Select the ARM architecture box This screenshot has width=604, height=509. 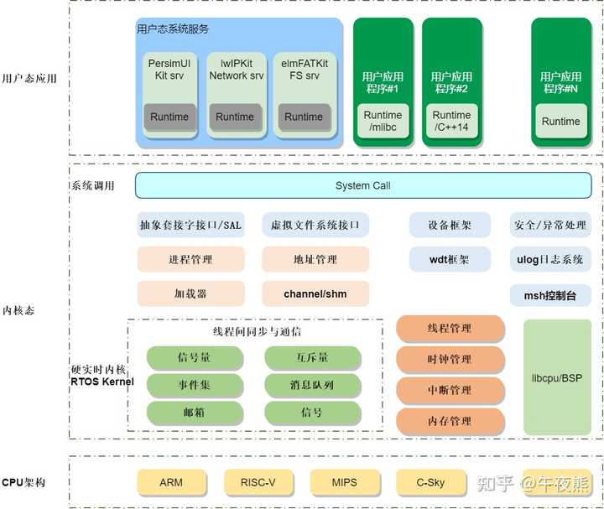[170, 483]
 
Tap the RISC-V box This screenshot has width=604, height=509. [258, 483]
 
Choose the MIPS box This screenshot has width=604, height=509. [344, 483]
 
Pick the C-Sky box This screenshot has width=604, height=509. [431, 483]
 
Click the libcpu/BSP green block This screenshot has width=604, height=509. [557, 378]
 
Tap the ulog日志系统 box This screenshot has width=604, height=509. [549, 259]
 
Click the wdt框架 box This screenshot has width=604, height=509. [450, 259]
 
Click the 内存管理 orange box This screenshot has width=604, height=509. [450, 421]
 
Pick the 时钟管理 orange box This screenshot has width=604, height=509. [450, 360]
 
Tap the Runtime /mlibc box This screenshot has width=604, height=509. [383, 122]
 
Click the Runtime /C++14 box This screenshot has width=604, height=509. [451, 122]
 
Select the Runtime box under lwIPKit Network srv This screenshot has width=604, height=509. [235, 117]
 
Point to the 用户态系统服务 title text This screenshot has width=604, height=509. [172, 29]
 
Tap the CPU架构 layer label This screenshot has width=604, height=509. [23, 483]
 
